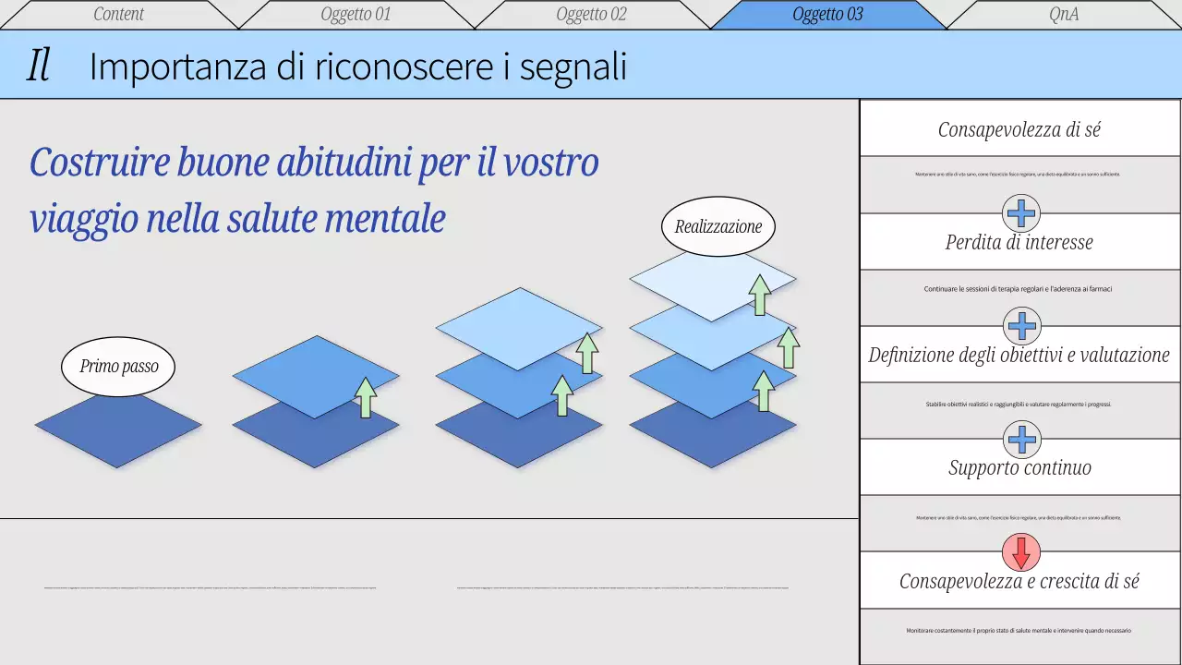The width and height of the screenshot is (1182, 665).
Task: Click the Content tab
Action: [x=119, y=14]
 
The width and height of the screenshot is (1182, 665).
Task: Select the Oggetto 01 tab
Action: [x=356, y=14]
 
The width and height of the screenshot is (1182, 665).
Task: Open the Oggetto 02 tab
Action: [x=591, y=14]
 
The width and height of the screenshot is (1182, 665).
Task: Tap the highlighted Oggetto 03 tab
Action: [x=827, y=14]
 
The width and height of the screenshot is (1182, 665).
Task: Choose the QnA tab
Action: [x=1064, y=14]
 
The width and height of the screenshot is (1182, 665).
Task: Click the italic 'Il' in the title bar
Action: [x=38, y=66]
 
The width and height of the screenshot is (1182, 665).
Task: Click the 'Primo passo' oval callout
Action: [x=118, y=366]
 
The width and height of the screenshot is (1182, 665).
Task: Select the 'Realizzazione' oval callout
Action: [x=718, y=226]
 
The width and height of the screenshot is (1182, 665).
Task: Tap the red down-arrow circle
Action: [x=1021, y=552]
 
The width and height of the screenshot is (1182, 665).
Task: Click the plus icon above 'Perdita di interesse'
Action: [x=1021, y=213]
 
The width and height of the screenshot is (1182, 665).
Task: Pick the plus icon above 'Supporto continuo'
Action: [x=1021, y=439]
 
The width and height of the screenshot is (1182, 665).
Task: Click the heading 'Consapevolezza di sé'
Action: [x=1019, y=129]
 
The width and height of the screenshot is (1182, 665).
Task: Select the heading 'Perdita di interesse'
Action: [x=1019, y=242]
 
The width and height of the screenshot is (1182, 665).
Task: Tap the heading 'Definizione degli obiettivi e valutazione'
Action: [x=1019, y=355]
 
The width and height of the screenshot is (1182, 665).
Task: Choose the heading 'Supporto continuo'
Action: [x=1019, y=467]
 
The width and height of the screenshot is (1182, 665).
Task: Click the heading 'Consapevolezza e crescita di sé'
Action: [x=1019, y=581]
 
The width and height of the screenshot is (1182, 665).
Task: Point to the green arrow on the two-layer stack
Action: [x=367, y=397]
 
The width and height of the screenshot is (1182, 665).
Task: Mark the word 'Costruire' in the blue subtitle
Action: [x=100, y=163]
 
